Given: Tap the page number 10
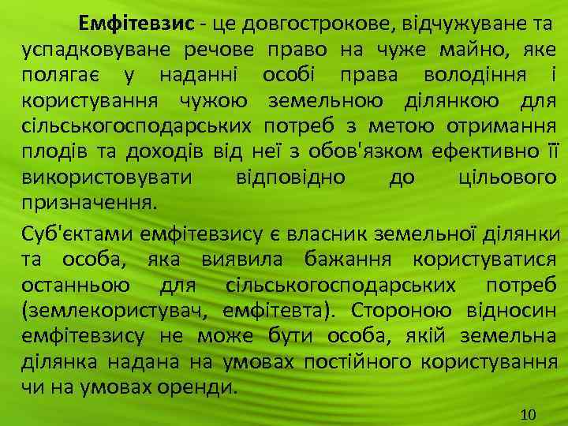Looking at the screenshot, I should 529,415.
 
